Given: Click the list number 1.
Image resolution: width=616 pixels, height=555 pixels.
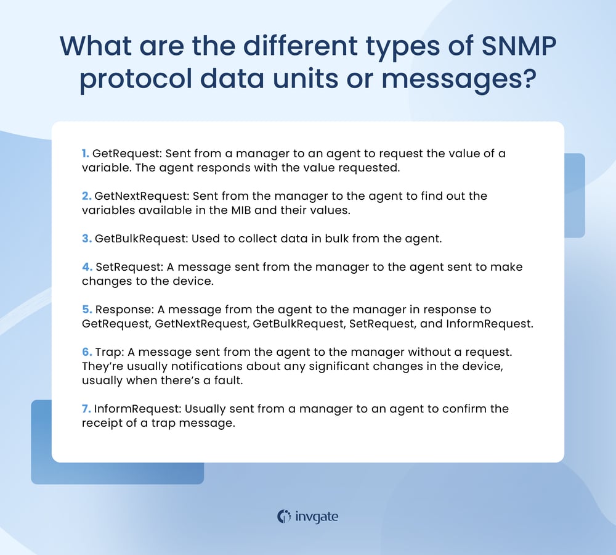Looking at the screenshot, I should (x=86, y=154).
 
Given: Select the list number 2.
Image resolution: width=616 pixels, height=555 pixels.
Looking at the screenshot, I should (x=87, y=196).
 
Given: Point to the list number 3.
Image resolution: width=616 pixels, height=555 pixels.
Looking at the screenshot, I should (x=87, y=239).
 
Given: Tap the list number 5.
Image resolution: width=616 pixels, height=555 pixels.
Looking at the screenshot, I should (x=87, y=310).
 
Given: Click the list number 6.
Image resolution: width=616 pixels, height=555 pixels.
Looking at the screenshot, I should (x=87, y=352).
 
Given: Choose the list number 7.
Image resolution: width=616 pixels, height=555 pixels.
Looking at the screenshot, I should (x=86, y=408).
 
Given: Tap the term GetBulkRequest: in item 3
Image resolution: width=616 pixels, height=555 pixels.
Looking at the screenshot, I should (x=142, y=239).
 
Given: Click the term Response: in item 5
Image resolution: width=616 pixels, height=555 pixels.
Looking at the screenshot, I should (x=121, y=310).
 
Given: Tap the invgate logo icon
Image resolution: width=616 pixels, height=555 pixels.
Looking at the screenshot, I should (x=284, y=516).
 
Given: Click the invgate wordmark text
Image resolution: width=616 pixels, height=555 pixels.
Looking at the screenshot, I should (x=317, y=517).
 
